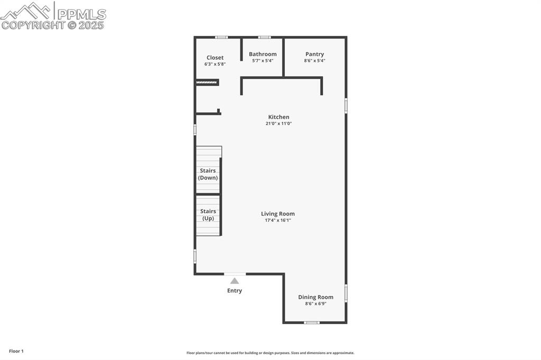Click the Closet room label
(215, 58)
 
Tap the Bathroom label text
(263, 54)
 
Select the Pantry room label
(314, 54)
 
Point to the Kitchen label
(278, 117)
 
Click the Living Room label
(278, 214)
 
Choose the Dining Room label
(315, 297)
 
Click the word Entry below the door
(235, 291)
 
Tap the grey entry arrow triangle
(235, 281)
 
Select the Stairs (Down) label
(208, 174)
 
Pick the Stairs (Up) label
(208, 215)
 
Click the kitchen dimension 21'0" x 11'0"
(278, 124)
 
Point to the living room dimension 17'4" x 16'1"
(278, 220)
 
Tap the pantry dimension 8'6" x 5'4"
(314, 61)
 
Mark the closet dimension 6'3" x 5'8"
(215, 64)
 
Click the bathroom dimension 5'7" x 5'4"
(263, 61)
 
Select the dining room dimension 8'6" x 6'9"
(315, 304)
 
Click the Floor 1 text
(16, 351)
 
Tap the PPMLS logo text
(82, 14)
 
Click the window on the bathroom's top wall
(265, 37)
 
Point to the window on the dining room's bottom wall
(312, 322)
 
